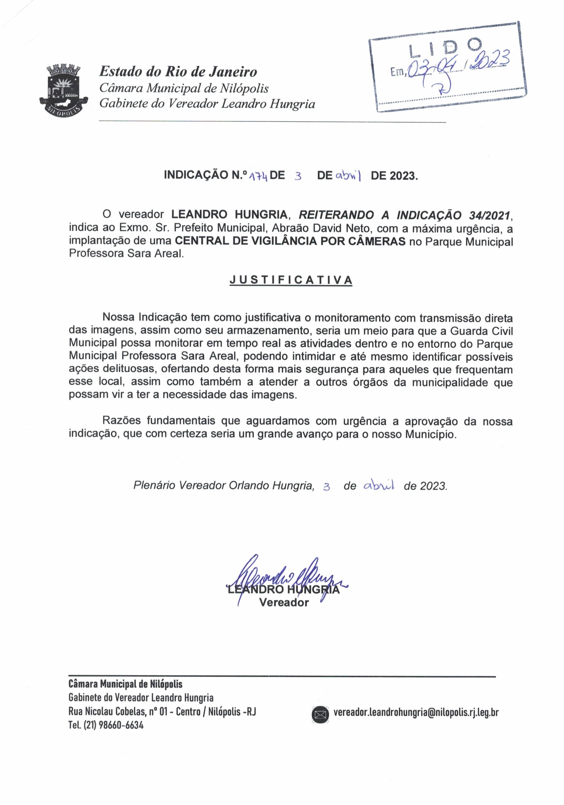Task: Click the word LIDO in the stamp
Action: tap(445, 49)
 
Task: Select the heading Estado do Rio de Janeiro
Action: tap(178, 72)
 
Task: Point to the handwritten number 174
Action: tap(258, 176)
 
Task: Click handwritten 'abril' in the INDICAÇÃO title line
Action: tap(348, 175)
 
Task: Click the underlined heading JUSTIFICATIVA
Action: tap(290, 280)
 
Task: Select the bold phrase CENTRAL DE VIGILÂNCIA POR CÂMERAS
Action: tap(290, 241)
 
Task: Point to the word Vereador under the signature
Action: tap(284, 603)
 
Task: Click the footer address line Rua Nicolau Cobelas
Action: tap(162, 712)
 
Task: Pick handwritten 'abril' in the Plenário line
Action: tap(379, 485)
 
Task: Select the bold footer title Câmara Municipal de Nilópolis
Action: tap(125, 684)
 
